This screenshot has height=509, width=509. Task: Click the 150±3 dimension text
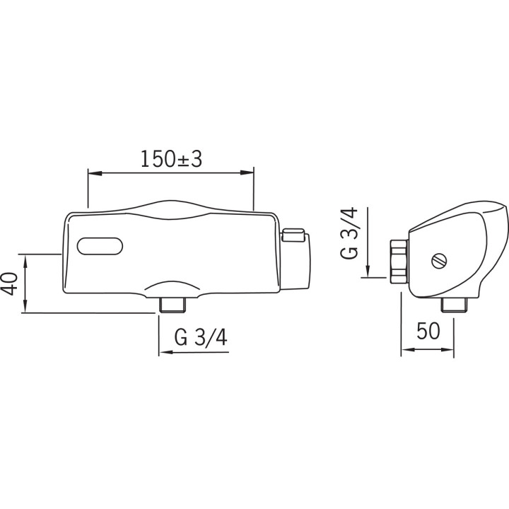click(171, 159)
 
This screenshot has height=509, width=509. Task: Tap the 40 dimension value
click(11, 283)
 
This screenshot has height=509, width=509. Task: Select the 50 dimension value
click(428, 331)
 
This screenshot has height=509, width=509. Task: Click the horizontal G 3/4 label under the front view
click(201, 337)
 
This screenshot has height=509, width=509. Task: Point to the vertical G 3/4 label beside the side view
click(349, 233)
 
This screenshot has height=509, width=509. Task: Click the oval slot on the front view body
click(100, 247)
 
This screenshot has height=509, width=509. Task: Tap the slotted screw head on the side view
click(439, 261)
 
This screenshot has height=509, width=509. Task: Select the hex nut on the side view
click(399, 261)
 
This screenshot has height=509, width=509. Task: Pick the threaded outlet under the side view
click(455, 305)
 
